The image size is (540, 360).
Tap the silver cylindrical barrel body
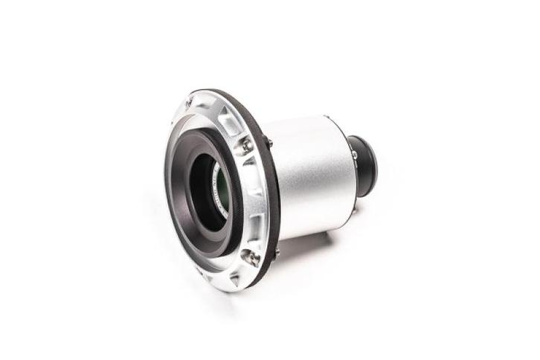pos(312,179)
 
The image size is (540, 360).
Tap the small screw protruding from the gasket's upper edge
pos(269,142)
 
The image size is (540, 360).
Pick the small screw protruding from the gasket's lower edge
pos(277,253)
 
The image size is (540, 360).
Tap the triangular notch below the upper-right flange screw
pos(248,167)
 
